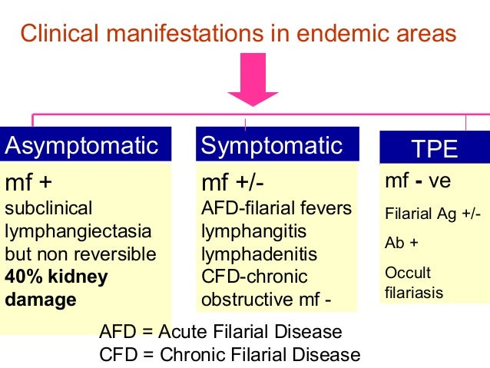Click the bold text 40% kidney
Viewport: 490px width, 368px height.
(x=57, y=277)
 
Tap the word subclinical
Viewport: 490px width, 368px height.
(x=48, y=208)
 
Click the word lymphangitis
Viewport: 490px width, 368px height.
(x=253, y=231)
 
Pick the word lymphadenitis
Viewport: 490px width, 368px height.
(x=259, y=254)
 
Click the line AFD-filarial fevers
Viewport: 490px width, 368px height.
(x=276, y=208)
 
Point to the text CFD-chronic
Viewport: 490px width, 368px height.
(x=253, y=277)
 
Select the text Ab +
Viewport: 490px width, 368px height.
(x=402, y=244)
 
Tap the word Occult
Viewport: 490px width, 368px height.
(x=408, y=273)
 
